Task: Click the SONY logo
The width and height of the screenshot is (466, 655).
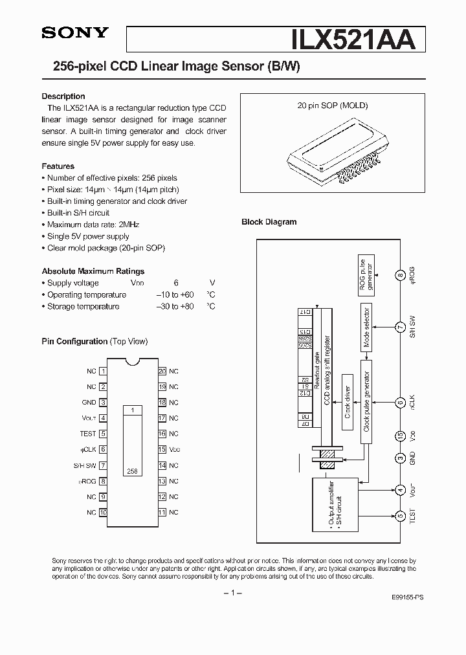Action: tap(75, 33)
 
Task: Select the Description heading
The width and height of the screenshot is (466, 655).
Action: tap(63, 96)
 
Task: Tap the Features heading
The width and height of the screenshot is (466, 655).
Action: tap(58, 166)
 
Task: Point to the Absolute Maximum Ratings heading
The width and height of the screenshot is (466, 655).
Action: tap(93, 271)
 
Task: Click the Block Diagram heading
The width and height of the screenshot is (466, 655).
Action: tap(269, 222)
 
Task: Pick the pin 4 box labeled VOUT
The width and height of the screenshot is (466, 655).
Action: tap(103, 418)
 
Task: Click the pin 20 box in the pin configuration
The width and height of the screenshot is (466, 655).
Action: tap(162, 372)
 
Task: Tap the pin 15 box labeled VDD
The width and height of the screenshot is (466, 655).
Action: tap(162, 450)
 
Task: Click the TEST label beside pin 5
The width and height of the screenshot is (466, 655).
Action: tap(87, 434)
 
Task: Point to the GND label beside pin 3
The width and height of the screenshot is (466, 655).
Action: tap(89, 403)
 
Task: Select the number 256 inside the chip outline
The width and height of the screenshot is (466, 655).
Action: tap(132, 472)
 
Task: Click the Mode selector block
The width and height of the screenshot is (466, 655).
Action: tap(366, 327)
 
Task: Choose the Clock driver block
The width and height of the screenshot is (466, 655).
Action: tap(348, 402)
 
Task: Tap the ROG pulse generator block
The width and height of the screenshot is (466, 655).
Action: tap(366, 274)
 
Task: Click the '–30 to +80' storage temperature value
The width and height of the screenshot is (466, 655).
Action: tap(175, 306)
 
